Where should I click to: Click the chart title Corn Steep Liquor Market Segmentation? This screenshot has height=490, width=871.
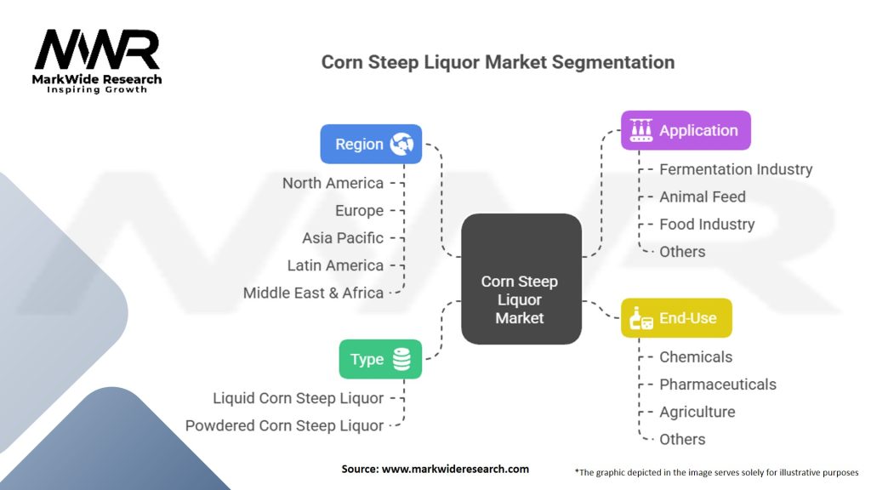498,62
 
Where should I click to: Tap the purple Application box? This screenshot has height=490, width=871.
686,131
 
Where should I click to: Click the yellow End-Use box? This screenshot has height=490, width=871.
676,318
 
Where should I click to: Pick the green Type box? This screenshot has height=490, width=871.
380,359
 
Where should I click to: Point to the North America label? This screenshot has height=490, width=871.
333,183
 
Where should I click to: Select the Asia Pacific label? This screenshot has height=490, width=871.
343,238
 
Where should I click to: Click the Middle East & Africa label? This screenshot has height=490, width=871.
313,293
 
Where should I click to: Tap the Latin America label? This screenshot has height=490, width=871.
335,265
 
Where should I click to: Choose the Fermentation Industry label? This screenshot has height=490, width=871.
736,169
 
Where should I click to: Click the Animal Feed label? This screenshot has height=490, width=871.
702,197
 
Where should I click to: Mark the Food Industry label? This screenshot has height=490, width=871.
707,225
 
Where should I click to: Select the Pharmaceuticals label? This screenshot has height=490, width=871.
718,385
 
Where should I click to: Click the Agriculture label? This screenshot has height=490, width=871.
697,412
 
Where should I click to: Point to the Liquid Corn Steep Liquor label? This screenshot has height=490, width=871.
298,398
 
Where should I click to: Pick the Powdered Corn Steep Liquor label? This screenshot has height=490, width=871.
284,425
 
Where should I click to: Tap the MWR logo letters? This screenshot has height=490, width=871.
97,51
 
